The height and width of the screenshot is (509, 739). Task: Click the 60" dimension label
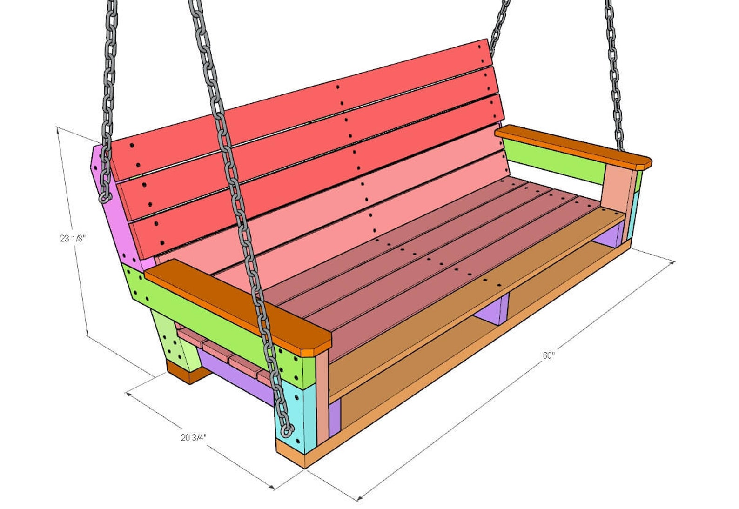pos(549,355)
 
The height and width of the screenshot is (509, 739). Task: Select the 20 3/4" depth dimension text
pos(194,438)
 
